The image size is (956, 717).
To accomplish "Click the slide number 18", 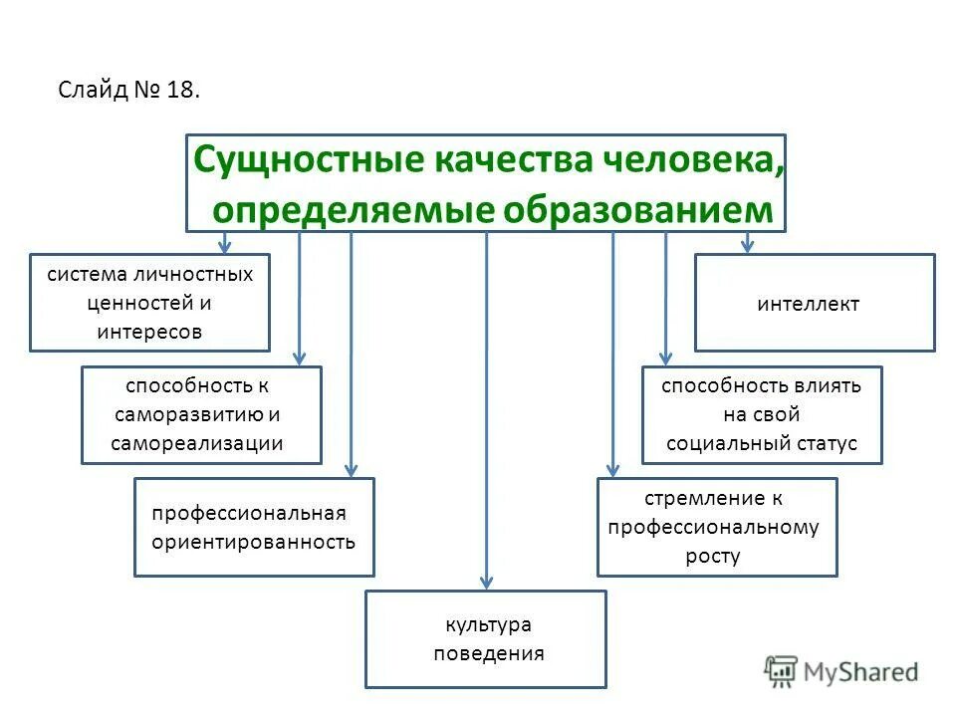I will pos(183,91).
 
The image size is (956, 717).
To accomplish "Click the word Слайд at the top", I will pos(92,91).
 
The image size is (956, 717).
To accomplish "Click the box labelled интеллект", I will pos(815,304).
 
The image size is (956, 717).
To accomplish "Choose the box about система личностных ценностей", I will pos(149,303).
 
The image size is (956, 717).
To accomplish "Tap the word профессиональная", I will pos(249,513).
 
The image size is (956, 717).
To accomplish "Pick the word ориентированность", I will pos(253,543).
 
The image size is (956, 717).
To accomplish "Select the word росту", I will pos(713,557).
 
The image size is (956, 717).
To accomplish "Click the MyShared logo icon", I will pos(782,670).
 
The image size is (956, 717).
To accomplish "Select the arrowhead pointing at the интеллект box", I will pos(748,245).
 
